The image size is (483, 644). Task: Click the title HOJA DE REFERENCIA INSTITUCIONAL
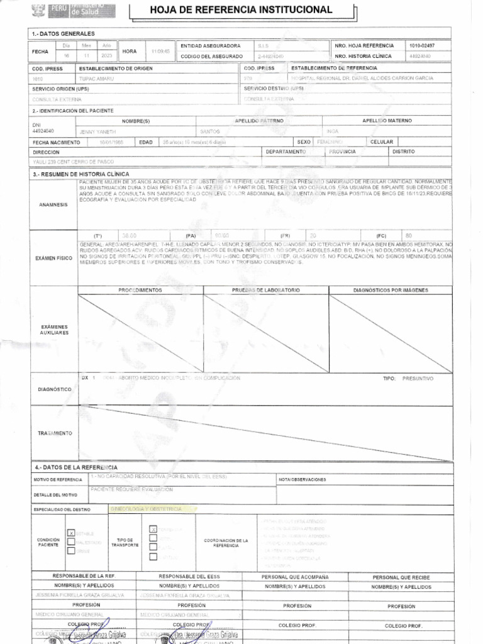click(241, 10)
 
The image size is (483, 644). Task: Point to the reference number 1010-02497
click(421, 46)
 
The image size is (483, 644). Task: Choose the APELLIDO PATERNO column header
click(258, 120)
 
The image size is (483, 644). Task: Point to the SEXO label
click(304, 142)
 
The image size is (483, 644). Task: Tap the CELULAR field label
click(382, 142)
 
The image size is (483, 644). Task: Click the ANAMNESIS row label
click(53, 204)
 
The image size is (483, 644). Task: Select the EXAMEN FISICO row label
click(53, 258)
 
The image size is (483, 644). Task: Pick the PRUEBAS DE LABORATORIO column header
click(265, 290)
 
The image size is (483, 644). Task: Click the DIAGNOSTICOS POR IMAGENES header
click(391, 290)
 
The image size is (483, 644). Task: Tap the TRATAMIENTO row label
click(55, 433)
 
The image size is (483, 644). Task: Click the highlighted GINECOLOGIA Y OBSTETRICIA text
click(146, 508)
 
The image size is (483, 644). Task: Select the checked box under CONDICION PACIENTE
click(71, 533)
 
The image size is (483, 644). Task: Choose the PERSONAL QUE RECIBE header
click(401, 577)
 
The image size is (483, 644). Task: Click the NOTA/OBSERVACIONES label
click(303, 480)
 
